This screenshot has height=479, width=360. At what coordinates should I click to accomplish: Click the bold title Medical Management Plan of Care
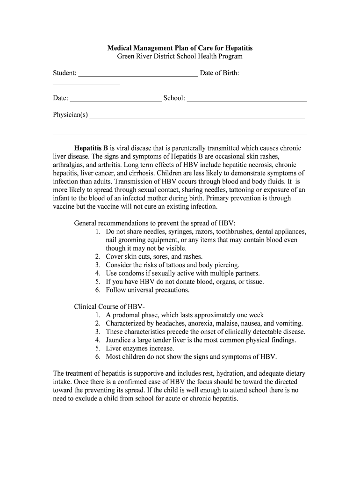tap(180, 48)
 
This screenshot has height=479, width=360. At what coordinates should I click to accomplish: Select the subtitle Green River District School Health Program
tap(180, 56)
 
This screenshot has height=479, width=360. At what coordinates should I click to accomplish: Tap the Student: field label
tap(65, 73)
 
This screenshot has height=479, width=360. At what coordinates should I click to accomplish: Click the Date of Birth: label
tap(219, 73)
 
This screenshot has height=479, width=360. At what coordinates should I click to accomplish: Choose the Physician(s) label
tap(70, 115)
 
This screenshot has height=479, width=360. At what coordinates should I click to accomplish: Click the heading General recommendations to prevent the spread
tap(158, 223)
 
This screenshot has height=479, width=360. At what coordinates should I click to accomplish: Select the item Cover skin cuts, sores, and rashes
tap(154, 257)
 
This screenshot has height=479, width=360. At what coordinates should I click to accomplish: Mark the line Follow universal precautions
tap(147, 290)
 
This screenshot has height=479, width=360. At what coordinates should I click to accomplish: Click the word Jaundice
tap(120, 340)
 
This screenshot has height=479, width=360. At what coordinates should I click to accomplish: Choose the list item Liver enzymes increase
tap(140, 348)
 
